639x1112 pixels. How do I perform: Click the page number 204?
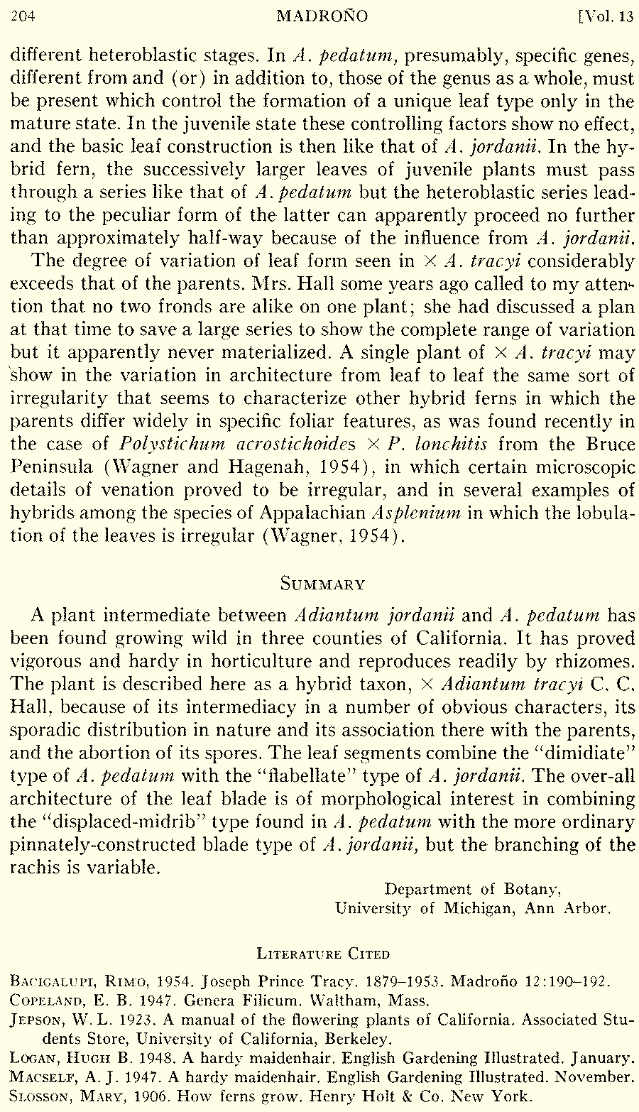click(x=23, y=16)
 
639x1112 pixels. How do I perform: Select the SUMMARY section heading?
click(x=323, y=584)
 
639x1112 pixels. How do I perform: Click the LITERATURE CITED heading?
click(x=323, y=953)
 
